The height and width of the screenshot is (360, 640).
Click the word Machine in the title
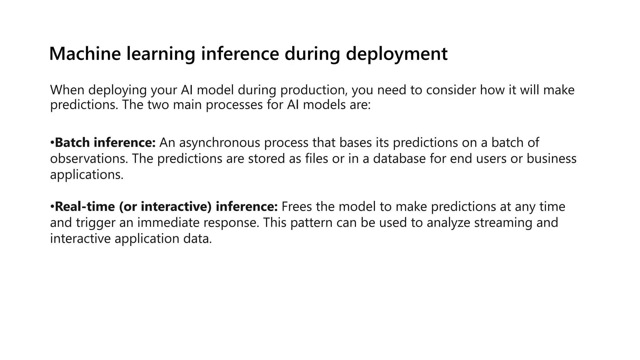click(85, 53)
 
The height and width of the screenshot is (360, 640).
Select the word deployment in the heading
click(397, 54)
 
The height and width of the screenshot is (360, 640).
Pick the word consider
click(451, 90)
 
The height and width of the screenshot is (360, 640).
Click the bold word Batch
click(72, 142)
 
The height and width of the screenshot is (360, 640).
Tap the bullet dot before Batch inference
click(52, 143)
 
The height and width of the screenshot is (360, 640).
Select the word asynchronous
click(220, 143)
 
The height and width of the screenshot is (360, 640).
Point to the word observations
click(89, 159)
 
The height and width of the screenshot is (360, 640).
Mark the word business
click(551, 159)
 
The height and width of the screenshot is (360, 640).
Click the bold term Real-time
click(85, 207)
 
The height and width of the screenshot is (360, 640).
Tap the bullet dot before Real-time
click(52, 207)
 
